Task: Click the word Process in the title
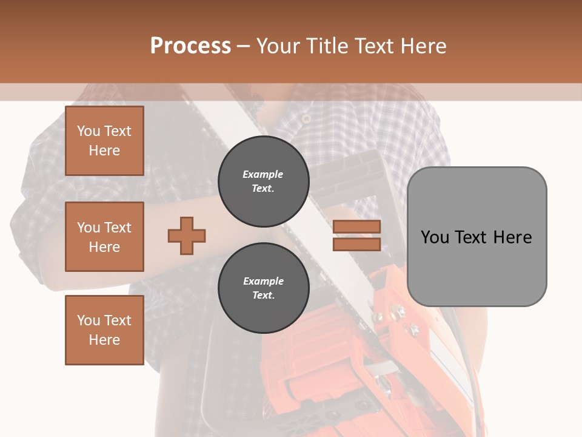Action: (190, 46)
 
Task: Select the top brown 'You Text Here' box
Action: (104, 141)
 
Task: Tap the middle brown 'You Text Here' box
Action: (104, 237)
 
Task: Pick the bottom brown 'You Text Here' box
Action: (104, 330)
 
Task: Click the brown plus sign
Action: (187, 235)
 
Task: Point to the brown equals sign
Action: (356, 235)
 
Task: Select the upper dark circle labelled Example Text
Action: (263, 181)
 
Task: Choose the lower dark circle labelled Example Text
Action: (263, 288)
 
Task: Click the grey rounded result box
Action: (477, 236)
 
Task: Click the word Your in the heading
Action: (278, 46)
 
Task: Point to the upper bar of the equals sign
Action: (356, 227)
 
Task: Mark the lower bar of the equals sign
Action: (356, 244)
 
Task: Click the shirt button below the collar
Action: (307, 119)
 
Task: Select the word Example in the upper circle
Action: (263, 174)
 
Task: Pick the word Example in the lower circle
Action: (263, 281)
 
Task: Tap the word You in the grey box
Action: (434, 237)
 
